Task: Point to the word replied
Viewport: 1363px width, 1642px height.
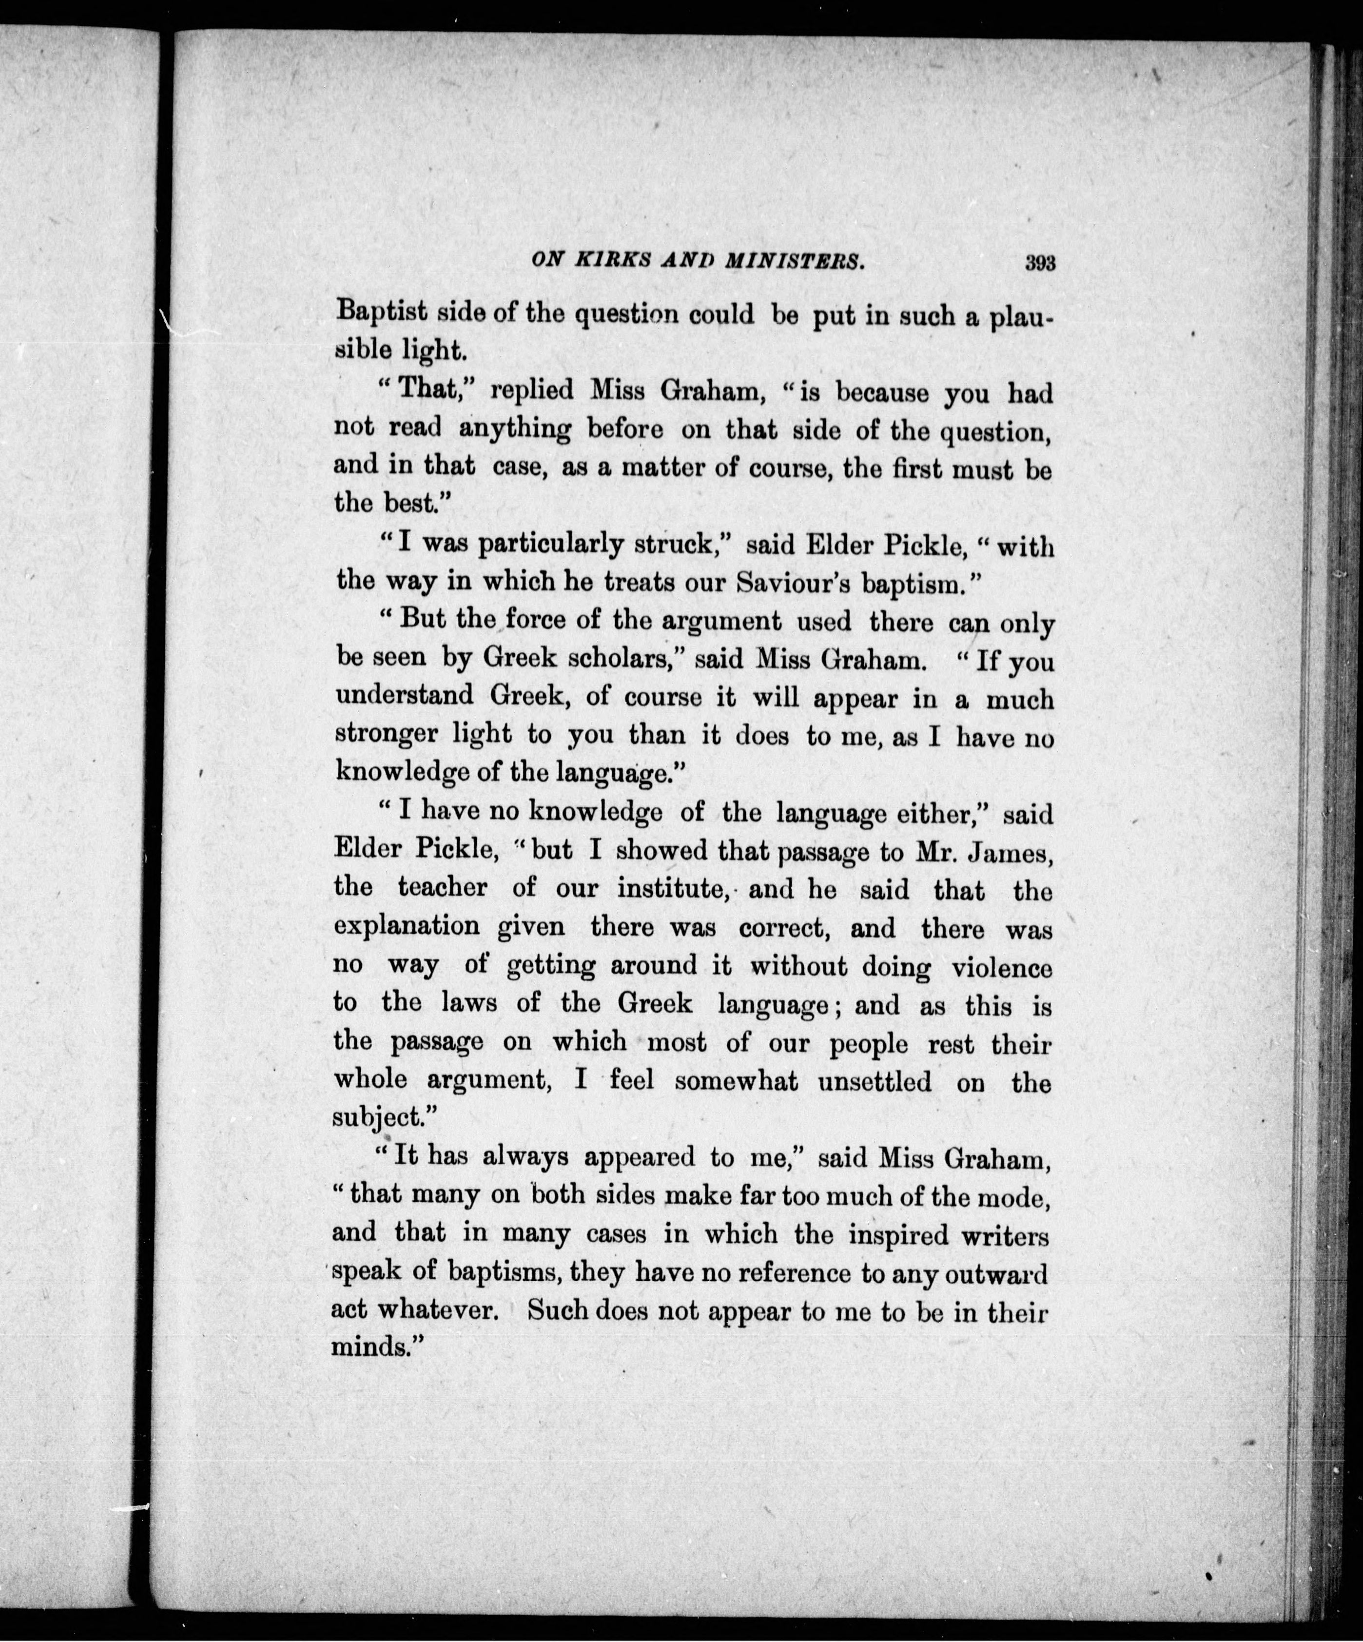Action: tap(532, 390)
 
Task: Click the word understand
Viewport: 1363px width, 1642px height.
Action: tap(404, 695)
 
